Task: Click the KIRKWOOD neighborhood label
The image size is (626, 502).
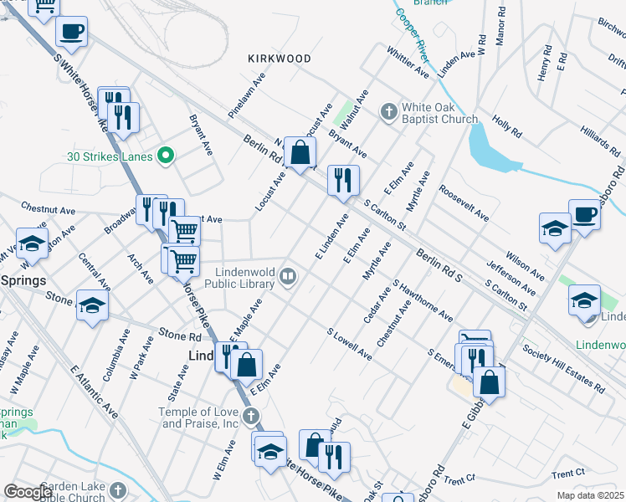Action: point(280,59)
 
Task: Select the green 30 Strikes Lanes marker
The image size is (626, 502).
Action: point(166,155)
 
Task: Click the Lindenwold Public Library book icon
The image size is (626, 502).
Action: point(287,275)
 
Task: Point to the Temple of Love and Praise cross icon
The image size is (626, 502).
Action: point(251,416)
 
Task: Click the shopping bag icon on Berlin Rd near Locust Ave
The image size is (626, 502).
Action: point(300,153)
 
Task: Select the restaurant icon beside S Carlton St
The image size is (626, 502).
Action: point(342,181)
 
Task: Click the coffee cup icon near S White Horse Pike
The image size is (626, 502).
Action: point(71,32)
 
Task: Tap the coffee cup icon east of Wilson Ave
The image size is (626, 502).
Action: point(584,214)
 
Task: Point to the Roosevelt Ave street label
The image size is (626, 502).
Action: point(464,203)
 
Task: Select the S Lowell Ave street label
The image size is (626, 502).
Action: point(350,344)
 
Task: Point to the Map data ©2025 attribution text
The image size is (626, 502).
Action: point(589,495)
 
